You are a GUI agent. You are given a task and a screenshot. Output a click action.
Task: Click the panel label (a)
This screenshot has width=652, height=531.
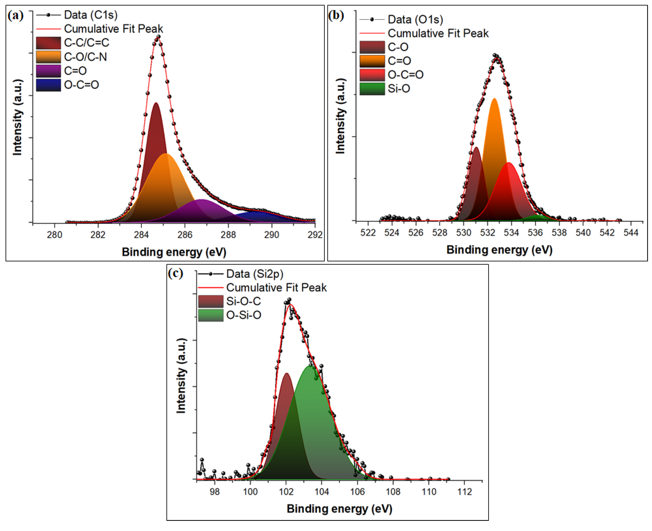point(15,15)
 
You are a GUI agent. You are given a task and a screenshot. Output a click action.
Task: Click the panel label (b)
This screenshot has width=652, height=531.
point(336,15)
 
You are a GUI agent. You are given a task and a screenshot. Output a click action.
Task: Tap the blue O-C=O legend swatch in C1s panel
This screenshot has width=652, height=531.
point(48,85)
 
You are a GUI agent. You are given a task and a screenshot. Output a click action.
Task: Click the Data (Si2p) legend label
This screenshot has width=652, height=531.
point(255,274)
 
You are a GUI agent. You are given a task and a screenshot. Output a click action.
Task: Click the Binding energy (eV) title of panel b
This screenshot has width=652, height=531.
point(499,250)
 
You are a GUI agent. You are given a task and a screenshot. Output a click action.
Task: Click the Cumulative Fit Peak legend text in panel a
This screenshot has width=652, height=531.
point(113,29)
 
